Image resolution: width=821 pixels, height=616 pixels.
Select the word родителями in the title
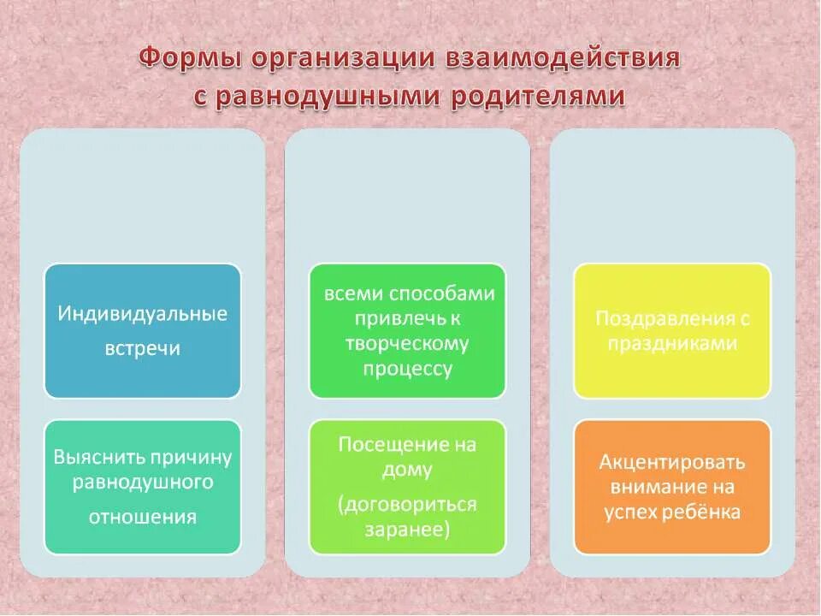click(546, 97)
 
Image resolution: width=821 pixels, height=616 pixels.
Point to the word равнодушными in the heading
click(324, 97)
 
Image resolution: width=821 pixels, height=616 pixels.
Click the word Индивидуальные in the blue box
click(143, 314)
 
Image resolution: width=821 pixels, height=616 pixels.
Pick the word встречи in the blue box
click(143, 349)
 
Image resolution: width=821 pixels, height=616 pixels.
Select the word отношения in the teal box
click(143, 517)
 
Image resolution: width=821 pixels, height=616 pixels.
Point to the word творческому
click(407, 344)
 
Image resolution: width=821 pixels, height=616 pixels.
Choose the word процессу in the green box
click(407, 369)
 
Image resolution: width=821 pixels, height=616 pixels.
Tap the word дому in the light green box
click(407, 470)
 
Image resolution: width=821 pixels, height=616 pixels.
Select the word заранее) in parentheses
click(407, 530)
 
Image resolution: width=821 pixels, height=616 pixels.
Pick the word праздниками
click(672, 344)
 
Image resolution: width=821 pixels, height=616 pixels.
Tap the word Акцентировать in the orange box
click(672, 463)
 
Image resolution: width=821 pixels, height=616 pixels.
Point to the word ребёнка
click(706, 512)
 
